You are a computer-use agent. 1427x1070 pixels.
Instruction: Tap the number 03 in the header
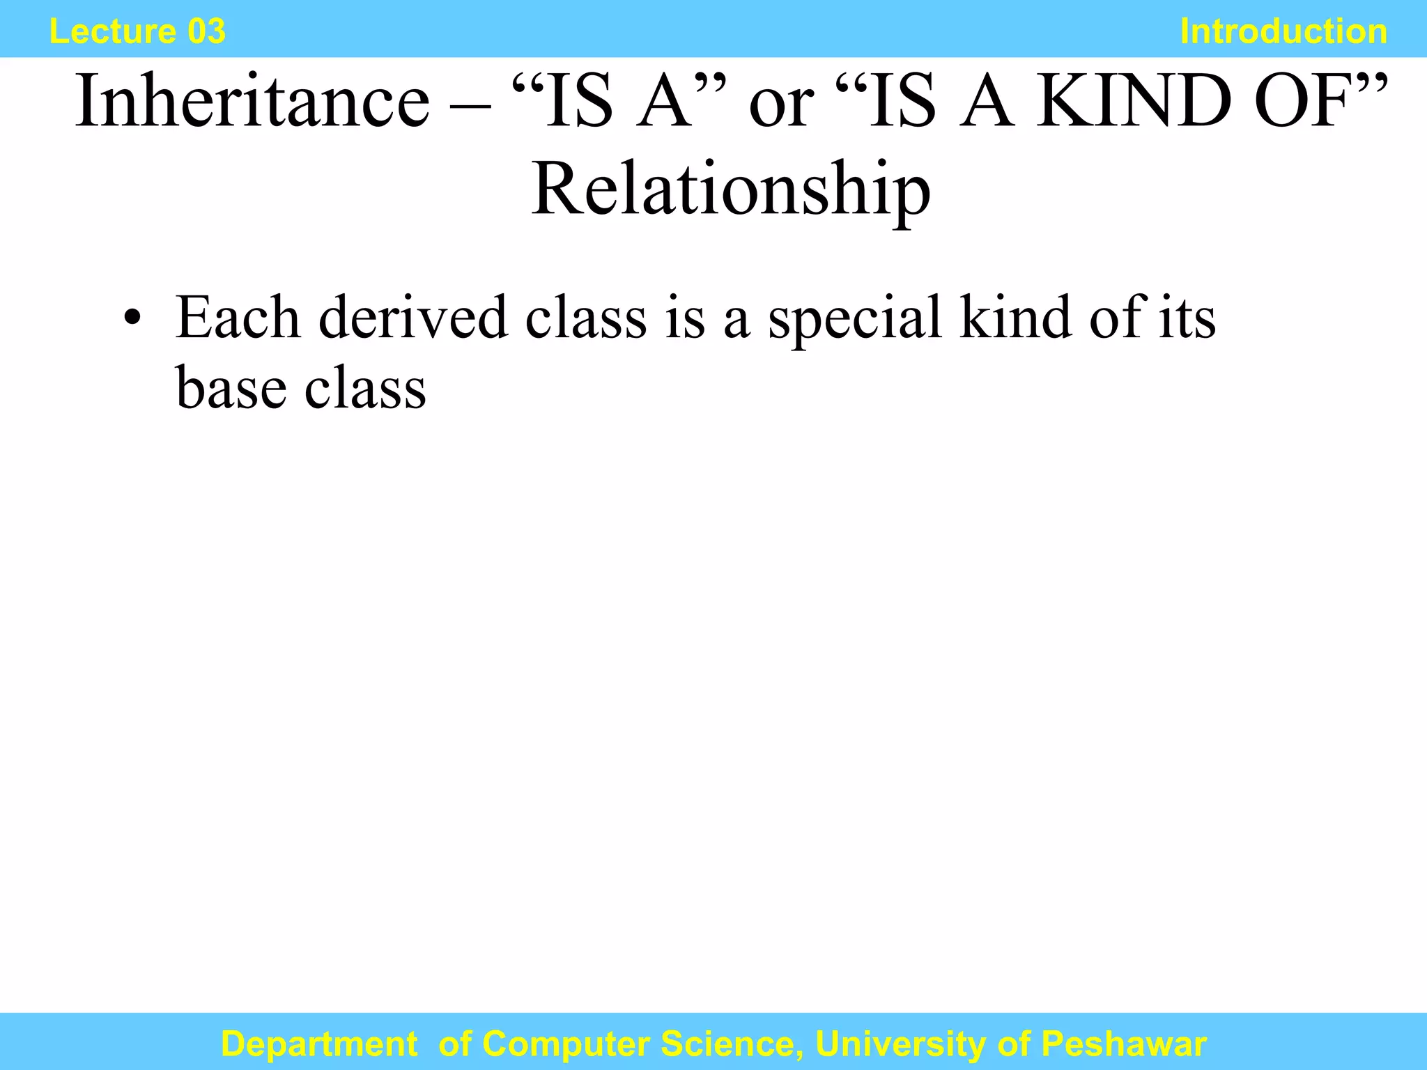(x=206, y=32)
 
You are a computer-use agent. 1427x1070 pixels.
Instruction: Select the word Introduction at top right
(x=1283, y=32)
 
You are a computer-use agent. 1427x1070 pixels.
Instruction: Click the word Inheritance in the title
(x=252, y=102)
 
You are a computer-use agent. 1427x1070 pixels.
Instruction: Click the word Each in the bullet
(x=238, y=318)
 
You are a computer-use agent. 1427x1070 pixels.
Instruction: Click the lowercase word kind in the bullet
(x=1016, y=318)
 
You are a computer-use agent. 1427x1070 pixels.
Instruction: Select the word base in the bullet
(x=231, y=388)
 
